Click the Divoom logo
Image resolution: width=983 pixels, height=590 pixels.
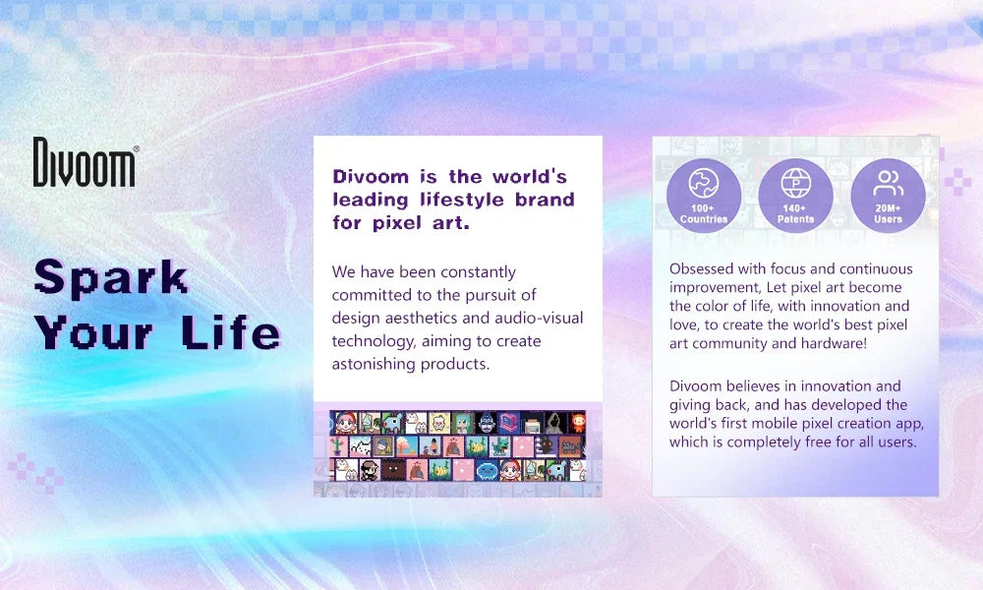tap(84, 162)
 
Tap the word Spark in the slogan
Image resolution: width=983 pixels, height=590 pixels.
tap(111, 277)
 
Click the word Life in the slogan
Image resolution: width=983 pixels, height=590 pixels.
tap(231, 331)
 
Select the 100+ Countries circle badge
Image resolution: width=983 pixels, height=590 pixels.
tap(704, 196)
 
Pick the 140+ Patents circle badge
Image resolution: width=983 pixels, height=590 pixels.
tap(795, 196)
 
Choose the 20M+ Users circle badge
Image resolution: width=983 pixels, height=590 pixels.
tap(888, 196)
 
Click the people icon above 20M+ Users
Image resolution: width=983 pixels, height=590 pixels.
tap(889, 183)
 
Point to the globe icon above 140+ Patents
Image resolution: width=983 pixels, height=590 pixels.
tap(795, 183)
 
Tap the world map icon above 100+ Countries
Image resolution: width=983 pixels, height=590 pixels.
tap(704, 183)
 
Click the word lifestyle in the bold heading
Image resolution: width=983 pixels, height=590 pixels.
tap(461, 200)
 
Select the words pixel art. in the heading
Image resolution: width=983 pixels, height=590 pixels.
tap(421, 222)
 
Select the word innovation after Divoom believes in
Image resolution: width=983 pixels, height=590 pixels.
tap(827, 386)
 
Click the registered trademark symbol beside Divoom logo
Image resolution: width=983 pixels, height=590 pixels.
tap(136, 148)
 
